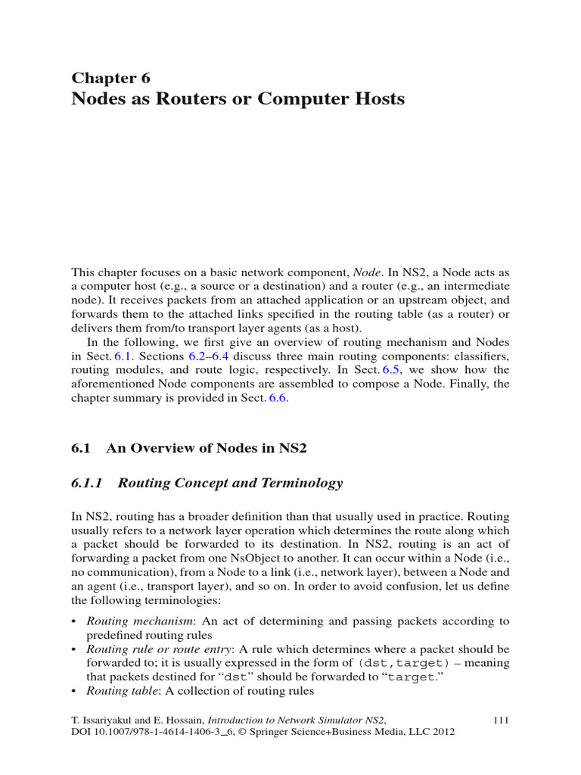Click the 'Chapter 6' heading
(x=110, y=78)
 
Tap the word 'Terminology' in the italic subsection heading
(x=300, y=483)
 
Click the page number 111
(x=501, y=720)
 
